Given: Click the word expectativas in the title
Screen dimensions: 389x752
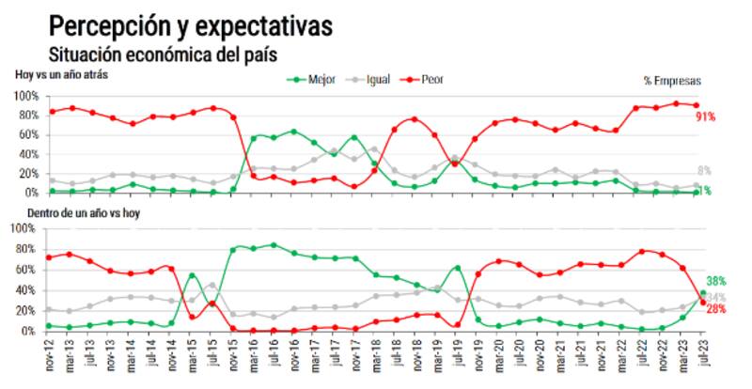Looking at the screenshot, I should pyautogui.click(x=266, y=25).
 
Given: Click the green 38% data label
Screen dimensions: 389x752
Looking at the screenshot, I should pyautogui.click(x=716, y=281).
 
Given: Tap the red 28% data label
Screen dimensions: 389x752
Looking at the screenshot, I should pyautogui.click(x=715, y=309).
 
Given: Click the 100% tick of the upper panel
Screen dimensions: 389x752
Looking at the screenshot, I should pyautogui.click(x=25, y=96).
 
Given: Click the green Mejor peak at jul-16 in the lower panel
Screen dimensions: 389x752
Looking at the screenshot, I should pyautogui.click(x=274, y=245).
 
